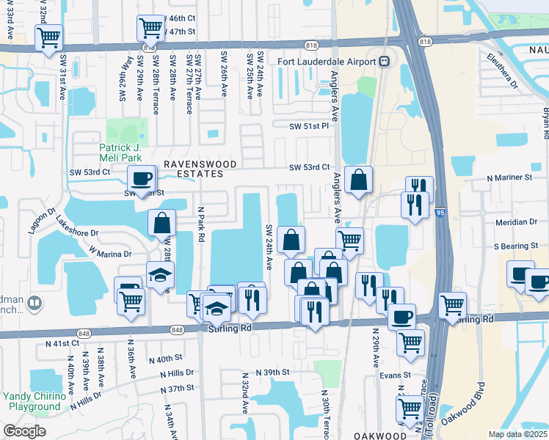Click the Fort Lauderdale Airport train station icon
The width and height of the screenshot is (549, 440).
point(383,62)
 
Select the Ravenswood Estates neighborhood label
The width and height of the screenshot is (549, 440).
point(192,169)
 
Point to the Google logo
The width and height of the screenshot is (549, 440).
point(24,431)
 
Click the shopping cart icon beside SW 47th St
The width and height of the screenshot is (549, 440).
point(150,29)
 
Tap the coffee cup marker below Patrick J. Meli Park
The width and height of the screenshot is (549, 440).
point(141,177)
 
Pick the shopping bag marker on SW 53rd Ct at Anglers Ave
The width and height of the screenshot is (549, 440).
point(358,180)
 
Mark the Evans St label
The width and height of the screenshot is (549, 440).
point(396,375)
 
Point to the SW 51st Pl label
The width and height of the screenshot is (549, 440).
point(308,126)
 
